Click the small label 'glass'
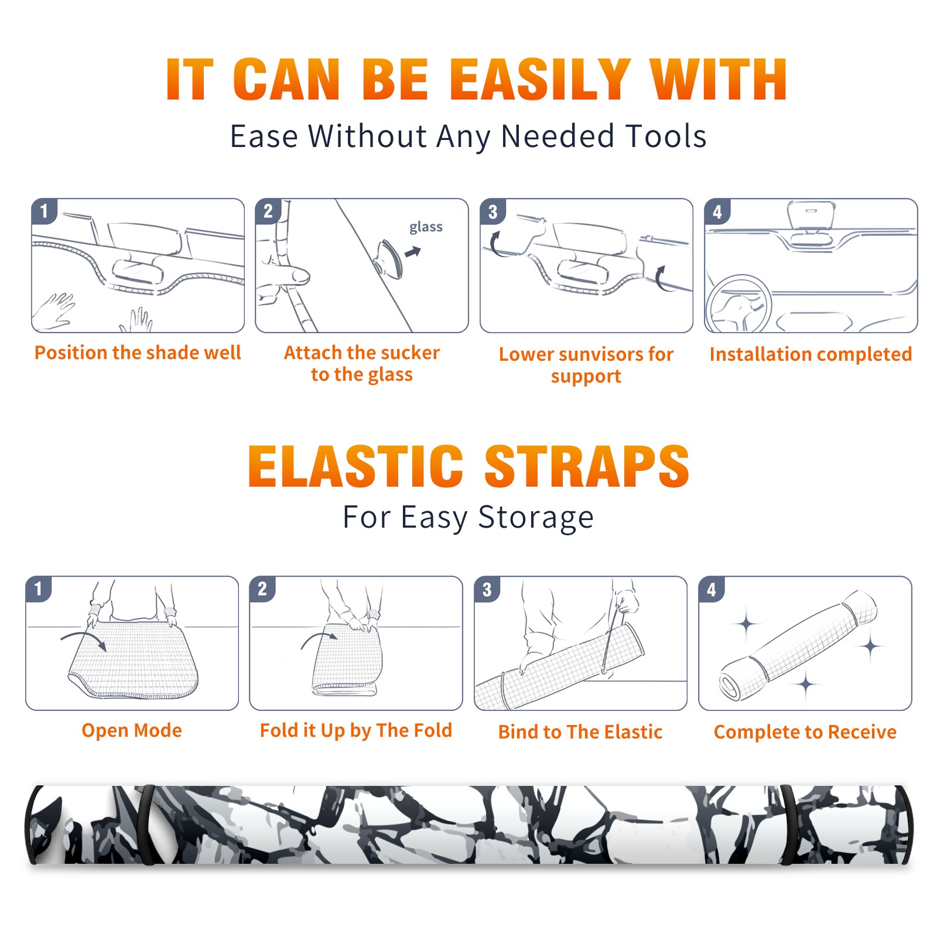point(426,227)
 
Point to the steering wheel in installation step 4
point(738,305)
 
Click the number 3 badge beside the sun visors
point(493,211)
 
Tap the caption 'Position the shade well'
point(138,353)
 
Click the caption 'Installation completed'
point(811,354)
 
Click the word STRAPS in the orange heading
point(587,466)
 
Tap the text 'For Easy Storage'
point(468,518)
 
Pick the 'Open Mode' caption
point(132,731)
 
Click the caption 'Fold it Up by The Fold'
point(356,731)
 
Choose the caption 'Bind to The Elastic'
point(580,732)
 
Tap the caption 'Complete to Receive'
point(805,732)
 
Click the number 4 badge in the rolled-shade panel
point(712,589)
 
